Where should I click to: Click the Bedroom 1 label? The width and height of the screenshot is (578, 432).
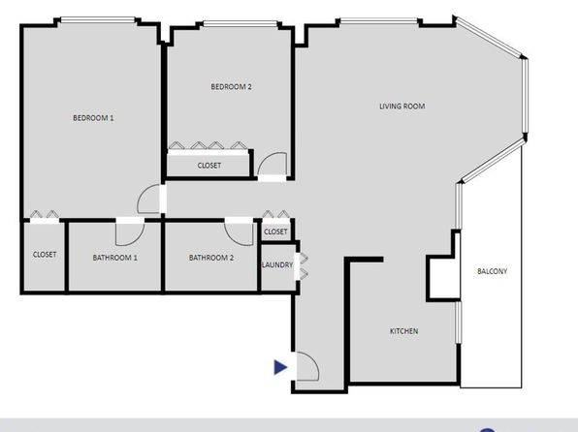click(x=93, y=118)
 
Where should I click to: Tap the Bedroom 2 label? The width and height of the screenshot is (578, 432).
click(x=231, y=86)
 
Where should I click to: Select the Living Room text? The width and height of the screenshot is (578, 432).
click(x=402, y=107)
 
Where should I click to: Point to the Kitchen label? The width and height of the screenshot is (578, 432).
click(x=404, y=331)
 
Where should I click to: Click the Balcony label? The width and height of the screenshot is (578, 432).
click(x=492, y=271)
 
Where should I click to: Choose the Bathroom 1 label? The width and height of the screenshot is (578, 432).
click(x=115, y=258)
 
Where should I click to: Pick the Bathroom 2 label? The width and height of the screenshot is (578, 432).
click(x=211, y=258)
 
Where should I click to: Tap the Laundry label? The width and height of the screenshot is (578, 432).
click(x=277, y=264)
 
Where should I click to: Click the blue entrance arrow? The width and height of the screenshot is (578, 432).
click(x=280, y=367)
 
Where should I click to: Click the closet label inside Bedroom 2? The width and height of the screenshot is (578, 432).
click(x=209, y=166)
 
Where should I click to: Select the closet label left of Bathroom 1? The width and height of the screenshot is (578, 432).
click(x=45, y=255)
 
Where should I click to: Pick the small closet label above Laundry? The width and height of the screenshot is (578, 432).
click(x=275, y=231)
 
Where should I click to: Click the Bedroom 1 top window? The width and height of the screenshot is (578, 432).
click(x=98, y=20)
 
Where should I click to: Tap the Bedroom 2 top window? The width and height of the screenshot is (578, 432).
click(x=240, y=24)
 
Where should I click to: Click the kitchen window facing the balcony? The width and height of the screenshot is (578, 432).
click(x=459, y=323)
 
